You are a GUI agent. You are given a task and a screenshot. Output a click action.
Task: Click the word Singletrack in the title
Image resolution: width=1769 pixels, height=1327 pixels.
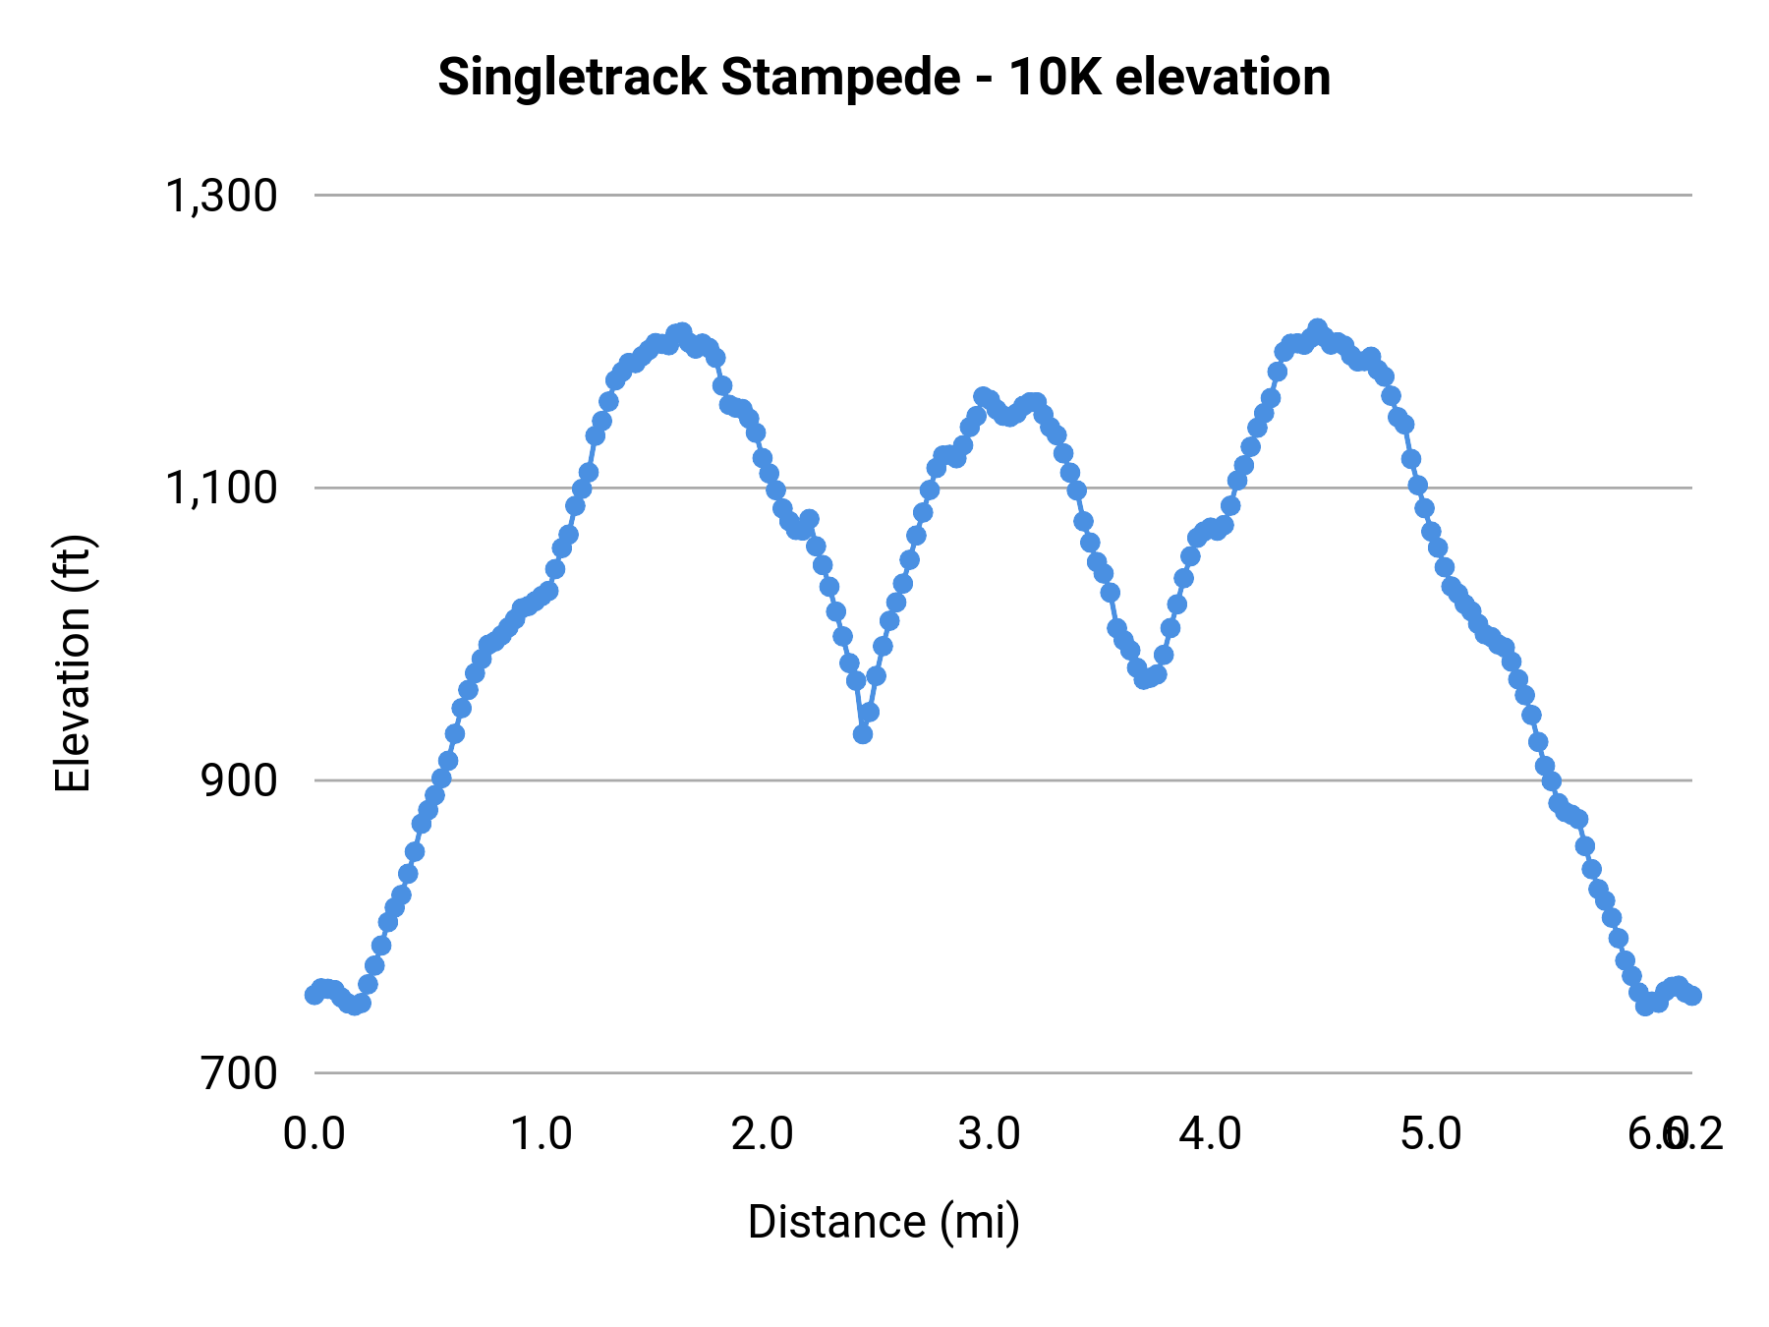[571, 79]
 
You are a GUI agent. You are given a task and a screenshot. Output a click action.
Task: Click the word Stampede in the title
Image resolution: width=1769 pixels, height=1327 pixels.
[840, 79]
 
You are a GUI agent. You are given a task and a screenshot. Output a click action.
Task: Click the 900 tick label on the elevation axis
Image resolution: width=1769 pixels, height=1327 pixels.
[240, 781]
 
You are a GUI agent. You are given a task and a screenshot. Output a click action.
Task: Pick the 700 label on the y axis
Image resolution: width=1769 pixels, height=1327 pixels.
[240, 1073]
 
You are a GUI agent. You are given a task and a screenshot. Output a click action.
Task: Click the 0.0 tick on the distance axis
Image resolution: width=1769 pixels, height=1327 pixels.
[314, 1134]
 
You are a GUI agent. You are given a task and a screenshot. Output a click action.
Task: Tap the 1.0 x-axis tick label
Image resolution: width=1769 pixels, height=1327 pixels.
[542, 1134]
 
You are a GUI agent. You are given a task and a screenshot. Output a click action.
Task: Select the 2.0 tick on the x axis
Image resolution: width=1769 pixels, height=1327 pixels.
[763, 1134]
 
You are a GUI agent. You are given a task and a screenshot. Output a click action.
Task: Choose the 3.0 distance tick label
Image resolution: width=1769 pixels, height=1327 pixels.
[990, 1134]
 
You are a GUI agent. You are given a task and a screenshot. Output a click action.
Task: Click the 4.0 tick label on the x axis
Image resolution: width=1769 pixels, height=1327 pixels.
[1211, 1134]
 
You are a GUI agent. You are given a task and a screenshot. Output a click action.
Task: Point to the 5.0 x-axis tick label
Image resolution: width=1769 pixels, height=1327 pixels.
[1432, 1134]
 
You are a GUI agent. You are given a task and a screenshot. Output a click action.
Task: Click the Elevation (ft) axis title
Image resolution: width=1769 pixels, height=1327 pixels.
[73, 663]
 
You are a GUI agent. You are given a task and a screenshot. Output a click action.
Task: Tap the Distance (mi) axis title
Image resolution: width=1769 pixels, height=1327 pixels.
[884, 1223]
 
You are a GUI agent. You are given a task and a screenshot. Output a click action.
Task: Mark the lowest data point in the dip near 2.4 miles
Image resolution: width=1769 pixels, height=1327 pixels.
[863, 733]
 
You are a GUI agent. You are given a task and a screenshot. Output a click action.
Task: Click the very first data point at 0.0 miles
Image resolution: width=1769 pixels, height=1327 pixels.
[314, 994]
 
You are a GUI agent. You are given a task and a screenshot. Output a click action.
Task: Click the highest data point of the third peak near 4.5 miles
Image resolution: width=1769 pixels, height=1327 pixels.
[1318, 328]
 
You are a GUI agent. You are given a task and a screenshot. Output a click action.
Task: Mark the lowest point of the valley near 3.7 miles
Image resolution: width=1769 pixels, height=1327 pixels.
[1144, 678]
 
